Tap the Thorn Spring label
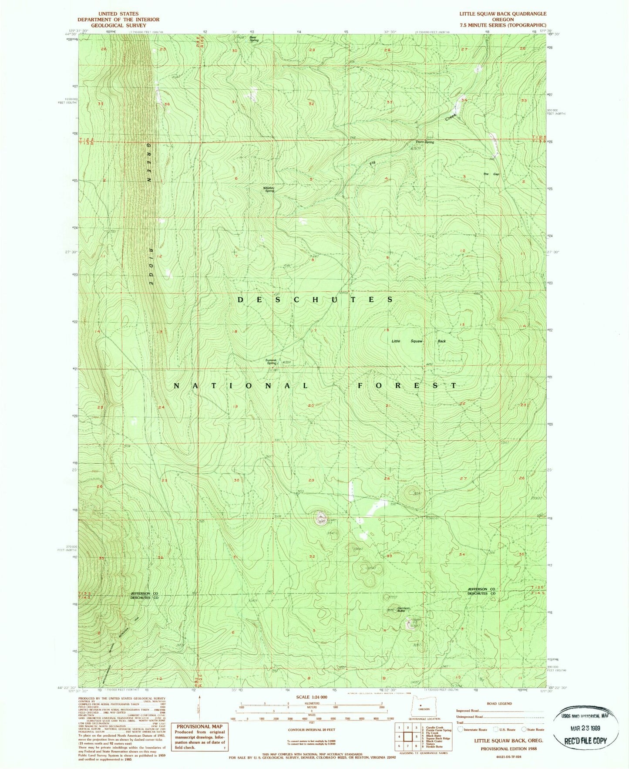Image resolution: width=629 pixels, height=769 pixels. click(x=424, y=142)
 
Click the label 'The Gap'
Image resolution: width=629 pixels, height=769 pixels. click(x=491, y=174)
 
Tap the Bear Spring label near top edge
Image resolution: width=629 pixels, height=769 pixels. click(x=253, y=39)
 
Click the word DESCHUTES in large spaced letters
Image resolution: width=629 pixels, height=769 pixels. click(x=316, y=300)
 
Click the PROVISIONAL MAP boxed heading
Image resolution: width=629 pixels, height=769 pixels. click(x=199, y=726)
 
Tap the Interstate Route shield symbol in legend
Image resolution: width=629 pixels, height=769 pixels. click(x=460, y=729)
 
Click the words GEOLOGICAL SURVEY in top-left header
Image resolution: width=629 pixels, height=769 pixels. click(x=118, y=25)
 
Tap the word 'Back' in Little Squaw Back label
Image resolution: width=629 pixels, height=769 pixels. click(x=441, y=341)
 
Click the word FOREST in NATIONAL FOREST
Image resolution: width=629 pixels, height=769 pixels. click(x=407, y=386)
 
